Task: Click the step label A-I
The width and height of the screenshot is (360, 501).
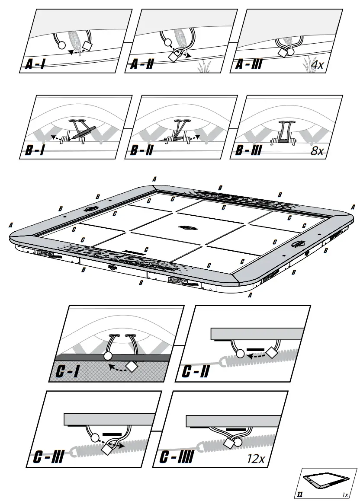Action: [35, 65]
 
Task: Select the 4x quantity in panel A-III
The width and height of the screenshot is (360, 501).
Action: [318, 65]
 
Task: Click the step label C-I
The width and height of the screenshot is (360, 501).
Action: [68, 371]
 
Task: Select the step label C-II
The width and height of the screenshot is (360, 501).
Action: [196, 371]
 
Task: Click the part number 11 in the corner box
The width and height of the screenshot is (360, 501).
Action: [300, 494]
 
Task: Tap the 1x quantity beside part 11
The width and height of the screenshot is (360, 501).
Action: [345, 494]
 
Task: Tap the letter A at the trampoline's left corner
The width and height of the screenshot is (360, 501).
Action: [10, 225]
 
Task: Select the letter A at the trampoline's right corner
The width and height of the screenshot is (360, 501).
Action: [353, 207]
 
